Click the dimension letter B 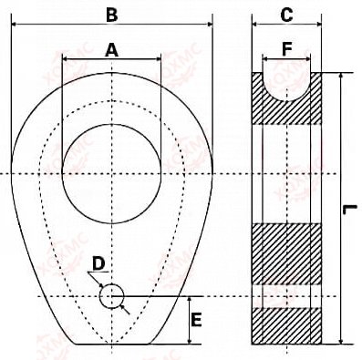[112, 15]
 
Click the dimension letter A [111, 50]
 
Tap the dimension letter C [286, 15]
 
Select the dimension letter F [287, 49]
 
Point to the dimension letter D [98, 263]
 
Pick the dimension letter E [197, 320]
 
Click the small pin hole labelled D [111, 296]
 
